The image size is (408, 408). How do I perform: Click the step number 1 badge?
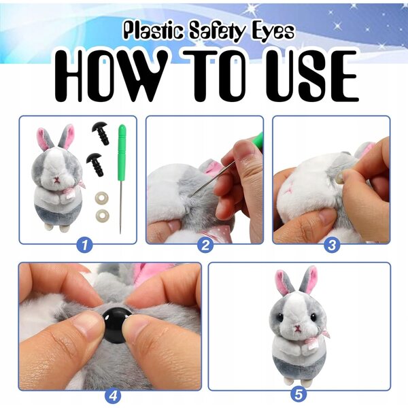pos(84,245)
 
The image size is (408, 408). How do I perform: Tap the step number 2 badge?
pos(205,245)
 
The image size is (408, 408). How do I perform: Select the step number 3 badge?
pos(332,245)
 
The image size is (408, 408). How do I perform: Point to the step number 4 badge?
pos(113,396)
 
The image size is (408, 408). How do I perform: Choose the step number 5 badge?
pos(299,394)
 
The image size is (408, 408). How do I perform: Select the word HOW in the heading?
pos(112,75)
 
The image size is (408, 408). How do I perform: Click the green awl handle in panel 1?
pos(122,153)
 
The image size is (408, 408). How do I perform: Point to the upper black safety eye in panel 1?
pos(101,133)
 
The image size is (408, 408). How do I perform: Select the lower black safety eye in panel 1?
pos(95,164)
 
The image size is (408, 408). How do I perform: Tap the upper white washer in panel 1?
pos(101,197)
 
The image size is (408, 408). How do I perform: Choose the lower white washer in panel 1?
pos(102,216)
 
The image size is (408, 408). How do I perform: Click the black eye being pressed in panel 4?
pos(116,324)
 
